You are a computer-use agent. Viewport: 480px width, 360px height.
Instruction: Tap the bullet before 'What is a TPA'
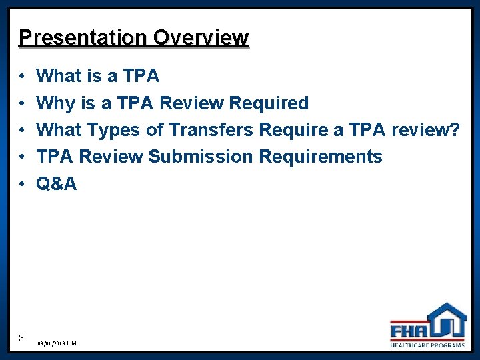pos(22,77)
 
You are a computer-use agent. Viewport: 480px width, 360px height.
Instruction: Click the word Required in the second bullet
pos(269,103)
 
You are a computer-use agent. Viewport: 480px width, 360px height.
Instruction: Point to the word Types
pos(113,130)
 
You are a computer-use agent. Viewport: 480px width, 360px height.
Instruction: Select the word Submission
pos(201,157)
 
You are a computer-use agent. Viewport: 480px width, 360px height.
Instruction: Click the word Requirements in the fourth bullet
pos(321,157)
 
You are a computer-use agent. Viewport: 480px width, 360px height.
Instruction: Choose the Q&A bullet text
pos(57,183)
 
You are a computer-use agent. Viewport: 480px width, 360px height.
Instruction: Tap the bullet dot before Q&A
pos(22,184)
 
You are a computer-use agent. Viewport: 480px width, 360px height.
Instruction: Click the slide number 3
pos(22,337)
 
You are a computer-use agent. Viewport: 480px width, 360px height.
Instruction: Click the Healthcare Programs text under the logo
pos(428,345)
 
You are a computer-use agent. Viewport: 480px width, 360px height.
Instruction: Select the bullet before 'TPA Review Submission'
pos(22,157)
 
